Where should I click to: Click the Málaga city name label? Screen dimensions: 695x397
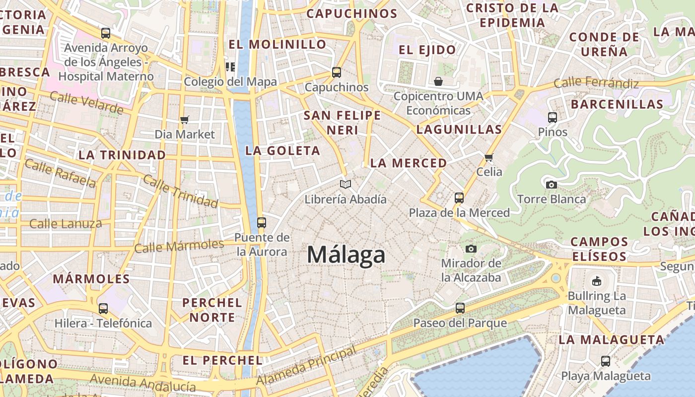pyautogui.click(x=346, y=255)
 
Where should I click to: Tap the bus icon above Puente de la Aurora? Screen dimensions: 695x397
pyautogui.click(x=262, y=222)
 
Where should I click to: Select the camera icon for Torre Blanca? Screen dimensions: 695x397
pyautogui.click(x=551, y=185)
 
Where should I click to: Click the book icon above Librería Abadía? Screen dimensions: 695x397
pyautogui.click(x=346, y=185)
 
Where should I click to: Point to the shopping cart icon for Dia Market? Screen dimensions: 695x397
pyautogui.click(x=185, y=119)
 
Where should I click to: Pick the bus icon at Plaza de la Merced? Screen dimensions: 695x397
pyautogui.click(x=459, y=198)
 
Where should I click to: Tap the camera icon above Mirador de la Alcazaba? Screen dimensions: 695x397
pyautogui.click(x=471, y=248)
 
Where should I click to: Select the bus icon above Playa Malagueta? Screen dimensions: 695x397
pyautogui.click(x=606, y=361)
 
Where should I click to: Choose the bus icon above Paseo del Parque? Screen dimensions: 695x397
pyautogui.click(x=460, y=308)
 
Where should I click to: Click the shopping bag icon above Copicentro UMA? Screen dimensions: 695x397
pyautogui.click(x=438, y=81)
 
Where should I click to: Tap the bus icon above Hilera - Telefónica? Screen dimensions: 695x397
pyautogui.click(x=103, y=308)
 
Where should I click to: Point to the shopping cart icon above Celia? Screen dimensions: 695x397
pyautogui.click(x=489, y=157)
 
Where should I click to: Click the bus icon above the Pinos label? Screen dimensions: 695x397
pyautogui.click(x=553, y=118)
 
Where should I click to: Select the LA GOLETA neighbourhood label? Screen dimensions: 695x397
pyautogui.click(x=282, y=151)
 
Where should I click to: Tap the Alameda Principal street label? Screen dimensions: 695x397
pyautogui.click(x=306, y=366)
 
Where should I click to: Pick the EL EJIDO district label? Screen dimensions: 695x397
pyautogui.click(x=427, y=50)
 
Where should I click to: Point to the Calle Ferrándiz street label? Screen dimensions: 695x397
pyautogui.click(x=596, y=83)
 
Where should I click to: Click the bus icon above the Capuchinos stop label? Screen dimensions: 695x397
pyautogui.click(x=337, y=72)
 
